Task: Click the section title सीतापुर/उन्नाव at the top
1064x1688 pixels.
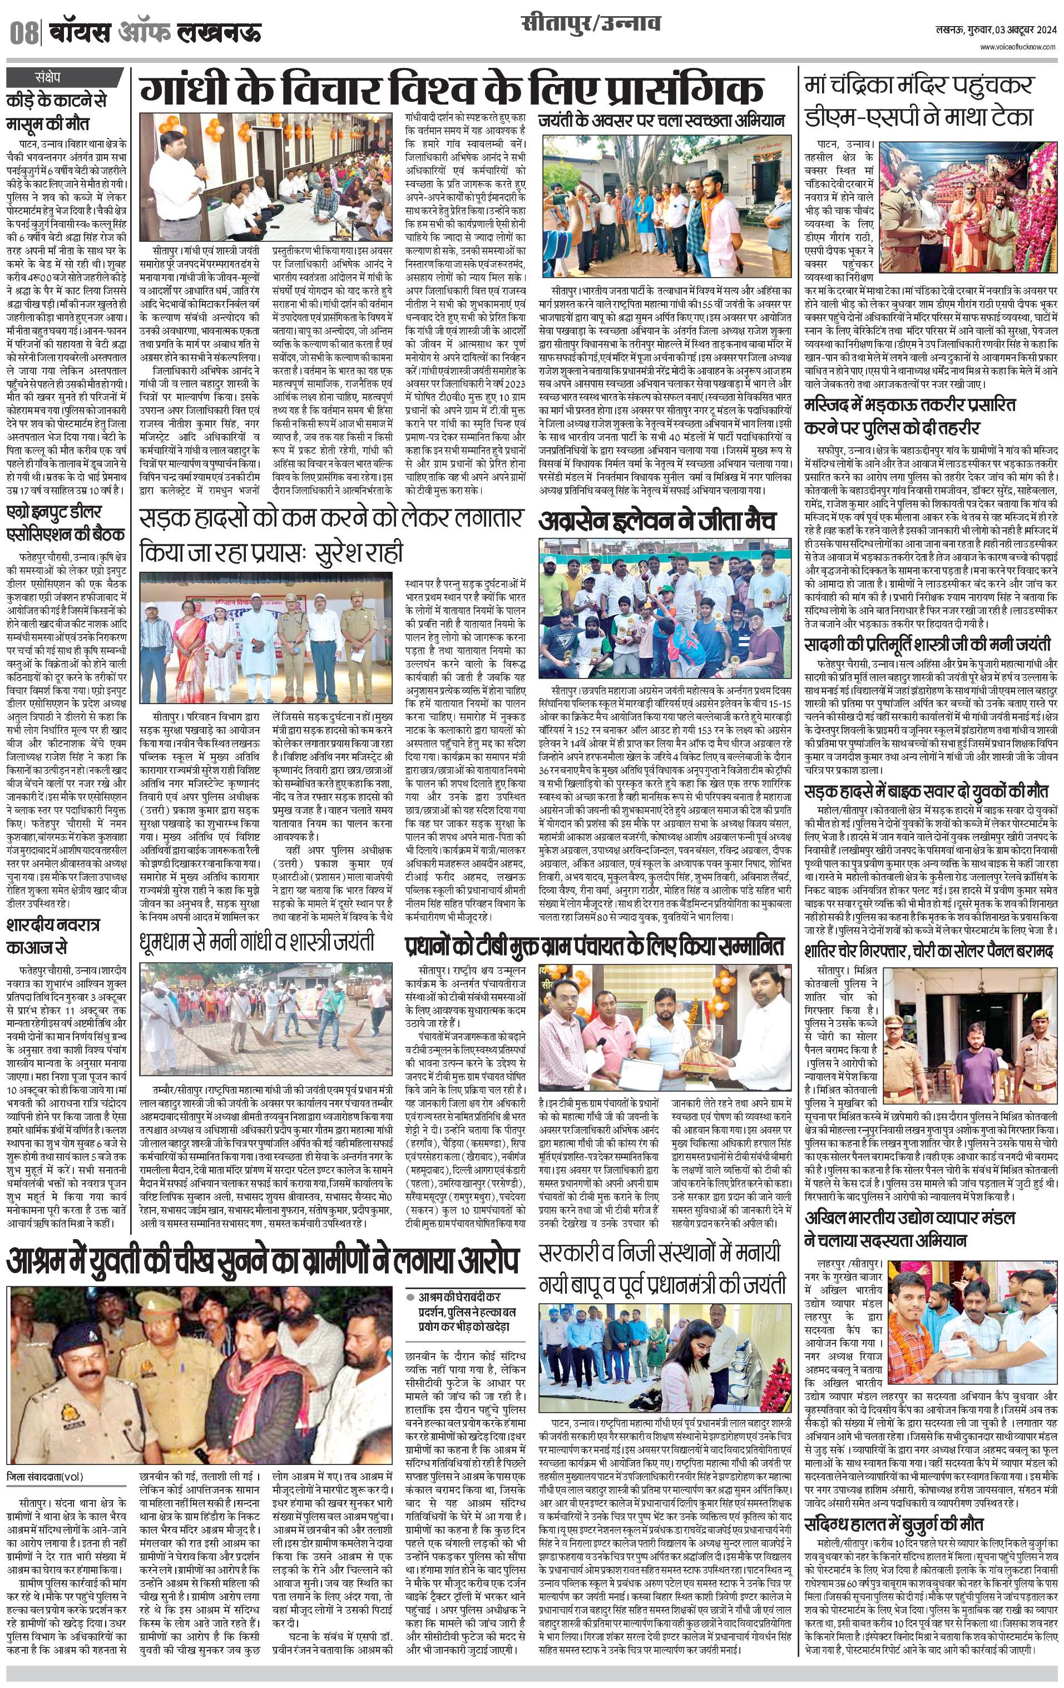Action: pyautogui.click(x=591, y=25)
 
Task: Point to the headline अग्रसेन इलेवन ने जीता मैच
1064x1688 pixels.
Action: pyautogui.click(x=657, y=521)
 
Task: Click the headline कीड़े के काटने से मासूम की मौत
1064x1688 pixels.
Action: pyautogui.click(x=56, y=111)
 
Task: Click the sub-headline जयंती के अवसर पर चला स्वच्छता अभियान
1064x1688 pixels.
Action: pyautogui.click(x=661, y=121)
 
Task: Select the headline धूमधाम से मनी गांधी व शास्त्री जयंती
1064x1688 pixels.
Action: pyautogui.click(x=256, y=940)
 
